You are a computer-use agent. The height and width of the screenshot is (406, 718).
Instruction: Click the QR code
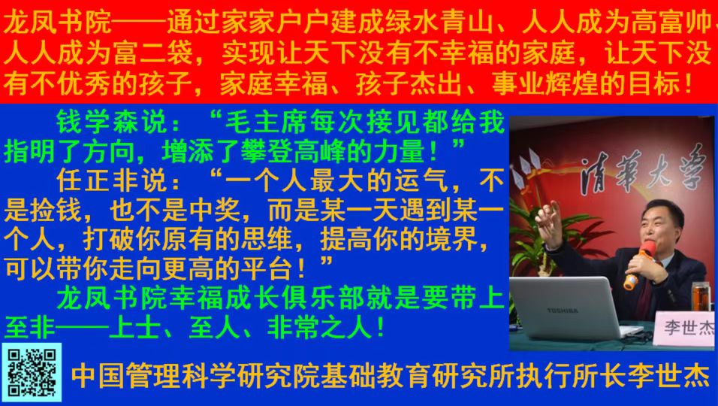pyautogui.click(x=31, y=373)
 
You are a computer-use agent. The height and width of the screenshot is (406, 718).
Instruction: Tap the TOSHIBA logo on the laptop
pyautogui.click(x=563, y=311)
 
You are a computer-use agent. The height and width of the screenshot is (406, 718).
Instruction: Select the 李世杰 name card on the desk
pyautogui.click(x=686, y=328)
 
